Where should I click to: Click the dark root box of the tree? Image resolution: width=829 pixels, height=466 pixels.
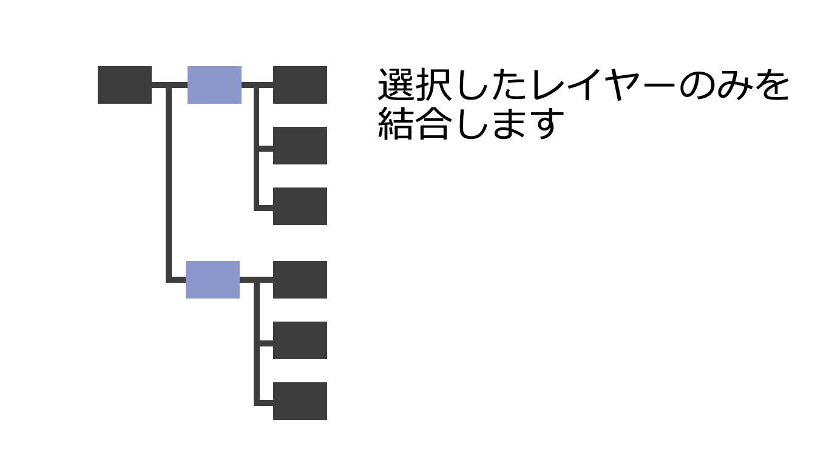coord(124,85)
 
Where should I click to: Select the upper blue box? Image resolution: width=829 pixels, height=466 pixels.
coord(214,85)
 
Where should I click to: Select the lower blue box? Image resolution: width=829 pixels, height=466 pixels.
coord(212,280)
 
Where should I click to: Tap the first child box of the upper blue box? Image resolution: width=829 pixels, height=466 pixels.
coord(300,85)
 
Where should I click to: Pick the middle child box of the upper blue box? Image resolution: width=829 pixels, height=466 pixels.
coord(300,146)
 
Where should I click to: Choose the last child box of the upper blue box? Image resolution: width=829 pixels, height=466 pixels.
coord(300,206)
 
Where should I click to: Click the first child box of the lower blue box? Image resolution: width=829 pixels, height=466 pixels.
coord(300,280)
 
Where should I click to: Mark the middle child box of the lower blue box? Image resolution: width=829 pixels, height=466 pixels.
coord(300,340)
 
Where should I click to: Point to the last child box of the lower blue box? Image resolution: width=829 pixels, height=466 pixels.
coord(300,401)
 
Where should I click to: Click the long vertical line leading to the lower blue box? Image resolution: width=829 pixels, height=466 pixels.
coord(169,182)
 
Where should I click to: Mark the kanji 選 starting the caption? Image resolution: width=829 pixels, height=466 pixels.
coord(395,86)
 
